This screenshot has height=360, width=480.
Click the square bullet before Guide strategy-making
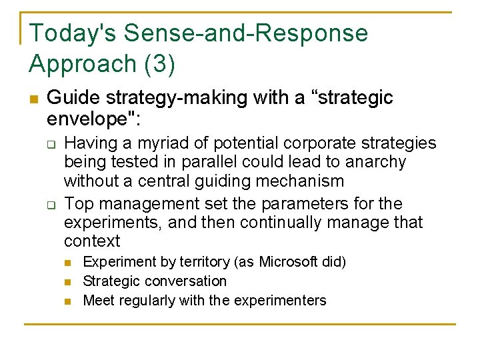[33, 99]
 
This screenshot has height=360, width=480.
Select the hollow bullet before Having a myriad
[49, 143]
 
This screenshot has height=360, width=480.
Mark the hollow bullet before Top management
[49, 203]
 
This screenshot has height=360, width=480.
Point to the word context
[92, 241]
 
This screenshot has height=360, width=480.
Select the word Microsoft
[289, 261]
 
